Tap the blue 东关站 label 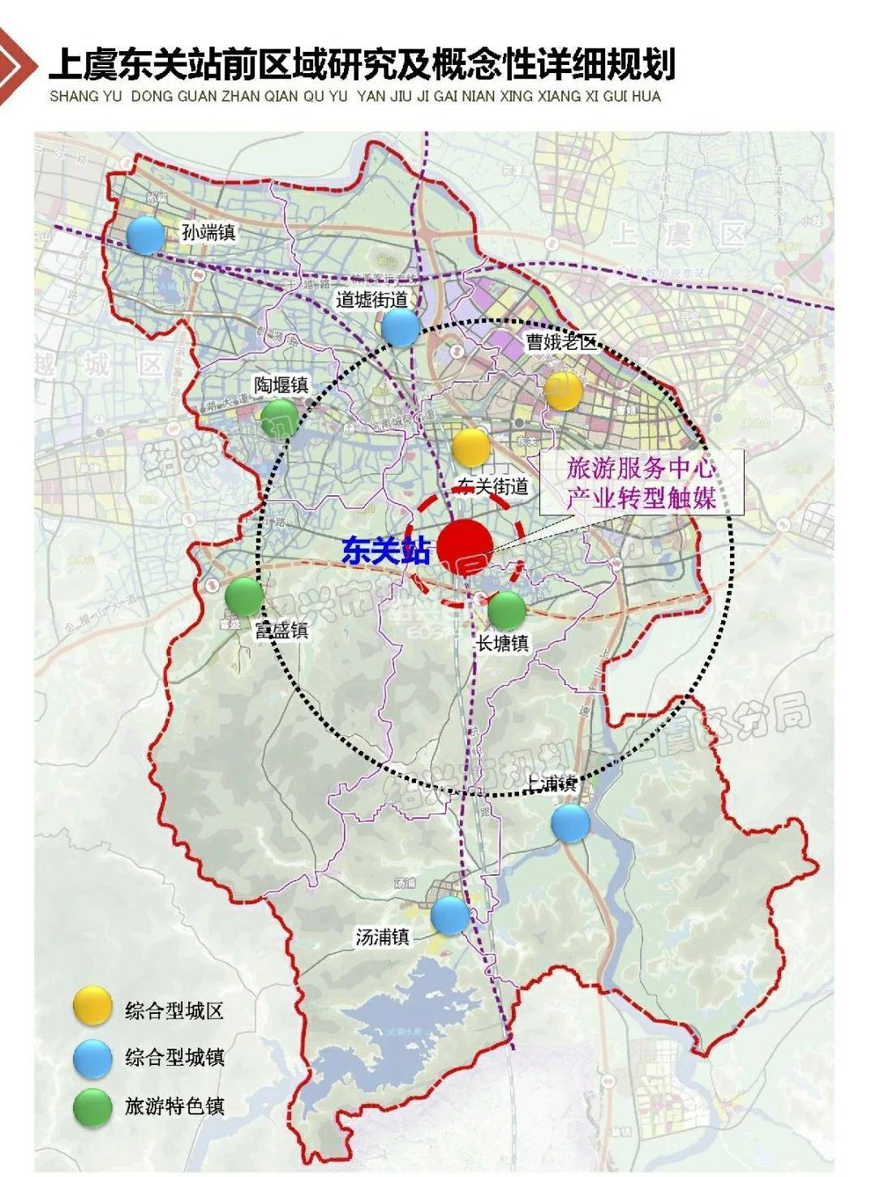[385, 551]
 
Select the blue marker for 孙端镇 [146, 235]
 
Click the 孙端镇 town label [208, 232]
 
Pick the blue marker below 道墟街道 [401, 327]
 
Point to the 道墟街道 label [371, 300]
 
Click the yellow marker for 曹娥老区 [563, 391]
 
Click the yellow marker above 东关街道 [470, 447]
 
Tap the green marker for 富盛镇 [243, 596]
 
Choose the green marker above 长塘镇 [507, 610]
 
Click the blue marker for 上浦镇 [571, 823]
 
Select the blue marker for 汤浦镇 [450, 915]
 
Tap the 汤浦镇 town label [382, 937]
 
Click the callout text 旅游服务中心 [641, 468]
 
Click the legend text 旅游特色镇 [174, 1106]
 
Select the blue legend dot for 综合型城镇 [92, 1058]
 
